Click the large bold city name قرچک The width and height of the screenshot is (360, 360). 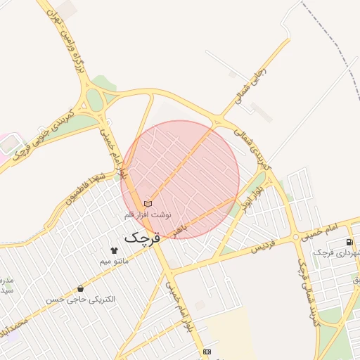coord(143,238)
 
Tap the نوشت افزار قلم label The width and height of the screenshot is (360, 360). coord(148,213)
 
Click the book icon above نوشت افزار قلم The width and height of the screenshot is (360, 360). coord(148,203)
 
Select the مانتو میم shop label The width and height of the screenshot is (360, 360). coord(115,262)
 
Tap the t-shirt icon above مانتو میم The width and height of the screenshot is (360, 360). coord(115,250)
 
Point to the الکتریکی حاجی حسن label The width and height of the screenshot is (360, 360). coord(80,300)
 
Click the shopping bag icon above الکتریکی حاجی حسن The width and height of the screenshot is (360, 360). coord(80,288)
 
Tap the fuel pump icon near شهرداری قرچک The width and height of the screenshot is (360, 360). coord(349,242)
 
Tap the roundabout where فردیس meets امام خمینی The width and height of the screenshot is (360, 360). coord(168,269)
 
